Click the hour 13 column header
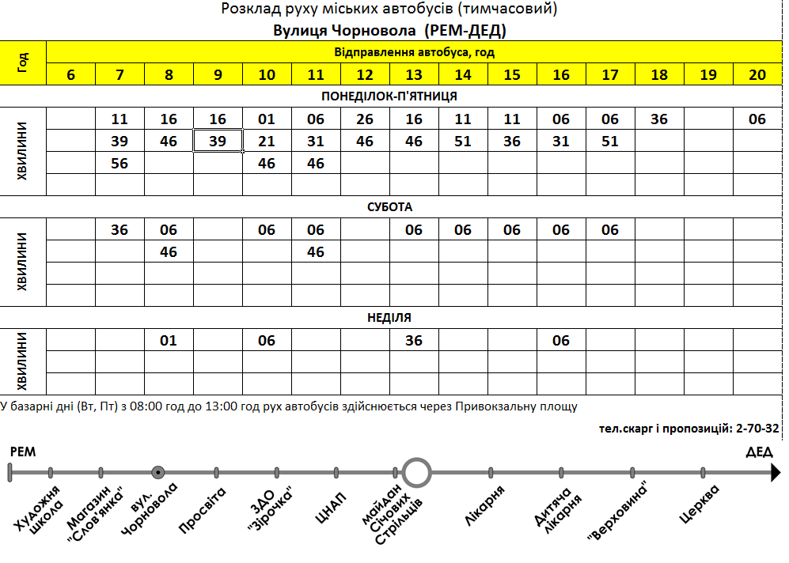point(414,75)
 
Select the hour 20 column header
point(757,75)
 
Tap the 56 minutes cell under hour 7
point(119,164)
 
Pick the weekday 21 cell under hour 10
point(267,142)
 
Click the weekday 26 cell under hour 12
point(365,119)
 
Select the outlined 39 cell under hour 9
point(218,142)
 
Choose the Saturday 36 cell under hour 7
point(119,230)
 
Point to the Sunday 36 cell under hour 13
point(414,341)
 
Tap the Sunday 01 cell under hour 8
point(169,341)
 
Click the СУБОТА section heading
point(389,207)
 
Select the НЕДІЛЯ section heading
point(389,318)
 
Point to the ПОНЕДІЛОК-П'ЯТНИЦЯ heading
point(389,96)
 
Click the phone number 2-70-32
point(757,429)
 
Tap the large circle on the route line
point(416,473)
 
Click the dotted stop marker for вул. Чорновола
point(158,473)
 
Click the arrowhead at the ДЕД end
point(776,473)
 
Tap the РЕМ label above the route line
point(22,452)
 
